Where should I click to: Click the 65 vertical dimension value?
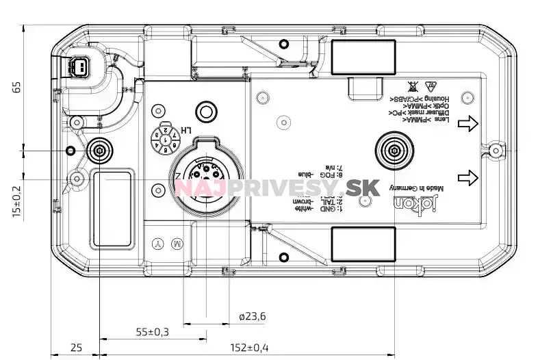click(x=17, y=87)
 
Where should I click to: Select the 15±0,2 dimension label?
click(x=17, y=202)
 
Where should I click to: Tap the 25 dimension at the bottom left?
click(x=76, y=348)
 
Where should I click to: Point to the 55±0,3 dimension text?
click(x=152, y=332)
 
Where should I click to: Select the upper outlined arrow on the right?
click(x=468, y=123)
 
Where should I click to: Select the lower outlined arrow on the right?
click(x=468, y=178)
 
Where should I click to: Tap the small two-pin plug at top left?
click(x=79, y=67)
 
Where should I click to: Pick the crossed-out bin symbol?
click(x=413, y=86)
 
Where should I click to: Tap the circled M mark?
click(x=177, y=244)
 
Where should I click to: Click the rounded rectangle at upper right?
click(x=363, y=53)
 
